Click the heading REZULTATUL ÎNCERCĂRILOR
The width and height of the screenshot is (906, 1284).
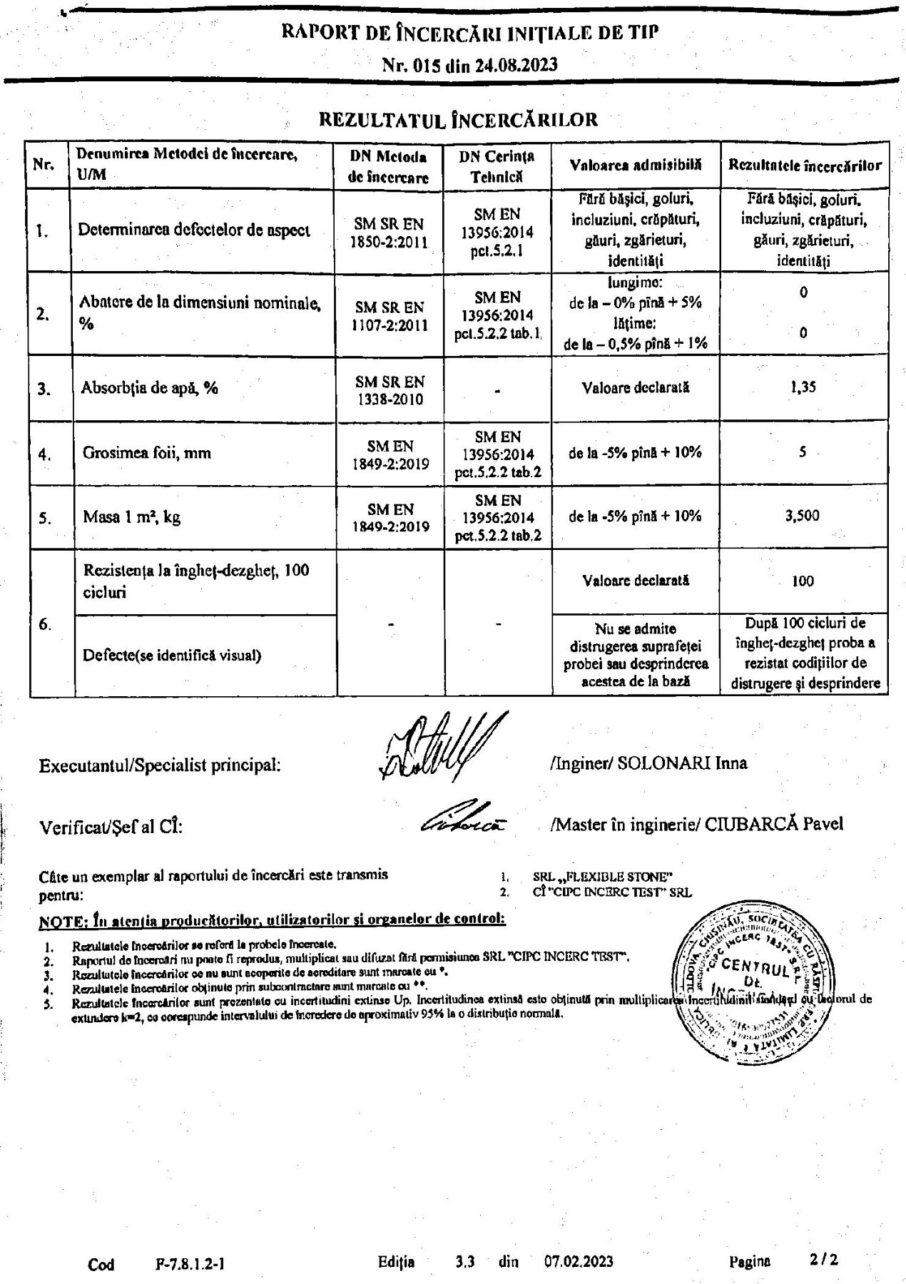(458, 119)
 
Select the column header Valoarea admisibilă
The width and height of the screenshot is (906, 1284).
(635, 165)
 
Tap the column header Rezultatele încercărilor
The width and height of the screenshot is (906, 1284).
(804, 165)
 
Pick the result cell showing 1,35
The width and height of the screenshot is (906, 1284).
(803, 387)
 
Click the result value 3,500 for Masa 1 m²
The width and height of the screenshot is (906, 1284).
(803, 515)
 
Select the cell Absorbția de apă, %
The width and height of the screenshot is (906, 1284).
(149, 388)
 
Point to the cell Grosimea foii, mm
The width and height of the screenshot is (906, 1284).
(147, 452)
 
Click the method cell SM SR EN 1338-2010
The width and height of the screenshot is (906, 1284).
(389, 390)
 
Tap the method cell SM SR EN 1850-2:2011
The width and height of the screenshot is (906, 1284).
(389, 233)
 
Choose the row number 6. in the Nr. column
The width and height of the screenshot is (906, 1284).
(45, 625)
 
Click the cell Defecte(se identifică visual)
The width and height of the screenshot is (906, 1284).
(172, 655)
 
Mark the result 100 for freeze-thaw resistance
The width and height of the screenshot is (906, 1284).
(803, 581)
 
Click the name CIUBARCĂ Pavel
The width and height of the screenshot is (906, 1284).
(774, 824)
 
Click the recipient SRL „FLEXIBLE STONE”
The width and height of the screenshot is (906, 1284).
(603, 877)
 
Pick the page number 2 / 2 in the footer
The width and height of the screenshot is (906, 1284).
(824, 1260)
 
